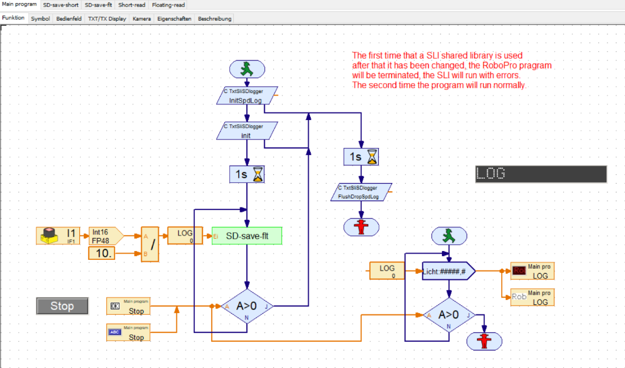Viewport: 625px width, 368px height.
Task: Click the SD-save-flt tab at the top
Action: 98,4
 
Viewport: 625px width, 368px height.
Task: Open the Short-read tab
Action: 132,4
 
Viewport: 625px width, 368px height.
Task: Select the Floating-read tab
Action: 168,4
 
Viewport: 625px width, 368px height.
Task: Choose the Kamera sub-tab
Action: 142,19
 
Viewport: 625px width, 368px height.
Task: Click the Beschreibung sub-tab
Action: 214,19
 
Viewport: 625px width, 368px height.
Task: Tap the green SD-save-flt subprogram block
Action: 247,236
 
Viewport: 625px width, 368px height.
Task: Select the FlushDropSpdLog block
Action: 361,192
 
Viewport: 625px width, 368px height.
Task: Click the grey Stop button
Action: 62,306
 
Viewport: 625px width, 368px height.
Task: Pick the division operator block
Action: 150,244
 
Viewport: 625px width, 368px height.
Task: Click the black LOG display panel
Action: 541,174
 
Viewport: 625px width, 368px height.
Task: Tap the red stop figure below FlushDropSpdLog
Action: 361,227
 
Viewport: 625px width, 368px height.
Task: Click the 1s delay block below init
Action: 247,174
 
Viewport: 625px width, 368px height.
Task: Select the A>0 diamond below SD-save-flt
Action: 247,306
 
